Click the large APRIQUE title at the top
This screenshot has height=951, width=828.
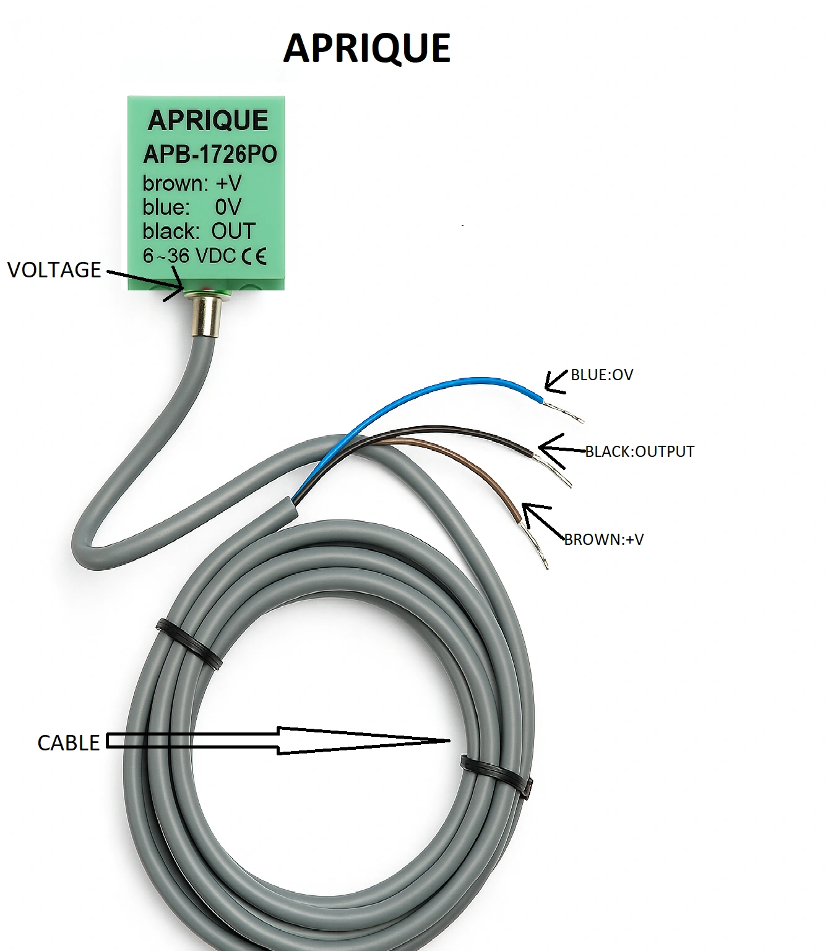(x=367, y=48)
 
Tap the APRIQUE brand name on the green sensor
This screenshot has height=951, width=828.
(x=207, y=120)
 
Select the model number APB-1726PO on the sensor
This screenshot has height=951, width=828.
(x=210, y=154)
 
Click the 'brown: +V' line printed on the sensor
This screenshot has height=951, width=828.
(x=192, y=184)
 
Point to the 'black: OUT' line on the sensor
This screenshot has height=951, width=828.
(x=199, y=231)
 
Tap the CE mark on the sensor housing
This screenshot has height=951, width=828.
(x=254, y=256)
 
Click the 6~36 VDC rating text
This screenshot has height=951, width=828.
(x=189, y=256)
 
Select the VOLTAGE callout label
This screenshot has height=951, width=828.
(x=54, y=270)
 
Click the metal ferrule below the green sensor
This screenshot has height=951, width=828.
(x=206, y=315)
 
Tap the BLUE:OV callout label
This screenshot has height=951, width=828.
(x=602, y=375)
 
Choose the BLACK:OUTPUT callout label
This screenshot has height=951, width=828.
(x=639, y=451)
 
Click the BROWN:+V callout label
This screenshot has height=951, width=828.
(x=604, y=539)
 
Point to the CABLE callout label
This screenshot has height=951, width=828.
(x=68, y=743)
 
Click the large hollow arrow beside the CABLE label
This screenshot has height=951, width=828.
(x=278, y=740)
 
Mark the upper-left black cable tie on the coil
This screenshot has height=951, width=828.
(x=189, y=645)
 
